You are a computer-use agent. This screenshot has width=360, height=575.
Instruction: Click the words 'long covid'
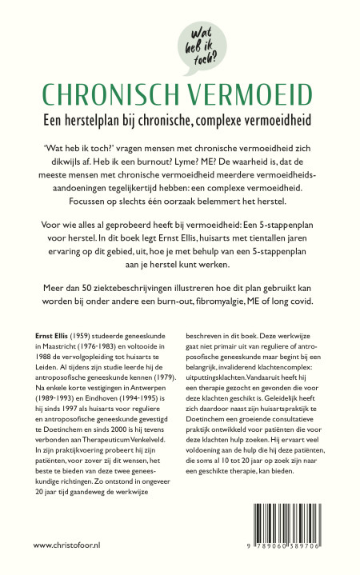[286, 302]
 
